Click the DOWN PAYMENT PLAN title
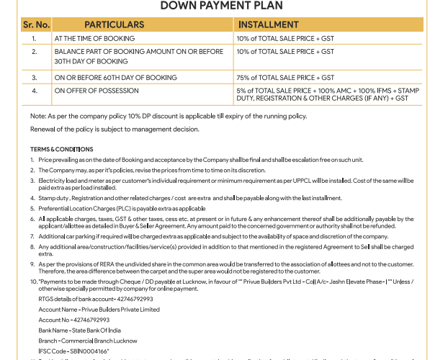[x=223, y=6]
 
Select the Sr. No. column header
[x=35, y=24]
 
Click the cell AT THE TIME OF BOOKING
[x=94, y=37]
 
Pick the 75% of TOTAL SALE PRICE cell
[x=285, y=77]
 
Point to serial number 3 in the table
[x=34, y=77]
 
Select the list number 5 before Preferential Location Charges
[x=32, y=208]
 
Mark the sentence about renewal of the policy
[x=115, y=130]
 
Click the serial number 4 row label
[x=34, y=91]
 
